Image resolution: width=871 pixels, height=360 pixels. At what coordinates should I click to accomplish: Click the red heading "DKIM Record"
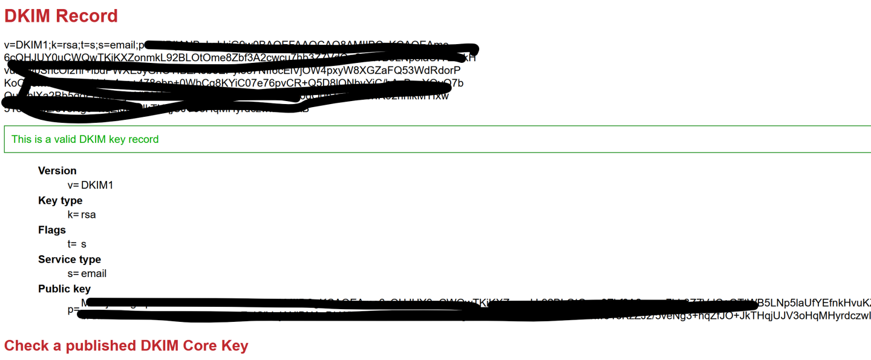[x=61, y=16]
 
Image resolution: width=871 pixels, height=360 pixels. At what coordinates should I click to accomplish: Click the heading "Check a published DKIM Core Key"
[x=126, y=345]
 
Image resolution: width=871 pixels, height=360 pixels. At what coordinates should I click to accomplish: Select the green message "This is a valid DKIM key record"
[x=85, y=139]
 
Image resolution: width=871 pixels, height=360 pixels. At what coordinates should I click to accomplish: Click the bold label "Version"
[x=57, y=171]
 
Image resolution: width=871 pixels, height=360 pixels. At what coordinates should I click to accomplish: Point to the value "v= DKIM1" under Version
[x=91, y=185]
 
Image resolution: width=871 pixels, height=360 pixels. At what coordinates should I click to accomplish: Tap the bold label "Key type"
[x=60, y=200]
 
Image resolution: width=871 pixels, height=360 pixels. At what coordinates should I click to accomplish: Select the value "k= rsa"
[x=82, y=215]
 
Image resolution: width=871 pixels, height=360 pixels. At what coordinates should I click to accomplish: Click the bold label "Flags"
[x=52, y=230]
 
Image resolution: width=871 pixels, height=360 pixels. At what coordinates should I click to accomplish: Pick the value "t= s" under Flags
[x=77, y=244]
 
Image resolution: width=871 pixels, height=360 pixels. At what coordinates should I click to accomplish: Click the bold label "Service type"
[x=70, y=260]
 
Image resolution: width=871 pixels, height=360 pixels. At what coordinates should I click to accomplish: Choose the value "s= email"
[x=87, y=274]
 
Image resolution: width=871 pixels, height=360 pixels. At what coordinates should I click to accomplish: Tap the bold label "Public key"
[x=64, y=289]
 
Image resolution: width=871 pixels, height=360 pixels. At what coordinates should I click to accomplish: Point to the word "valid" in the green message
[x=83, y=139]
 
